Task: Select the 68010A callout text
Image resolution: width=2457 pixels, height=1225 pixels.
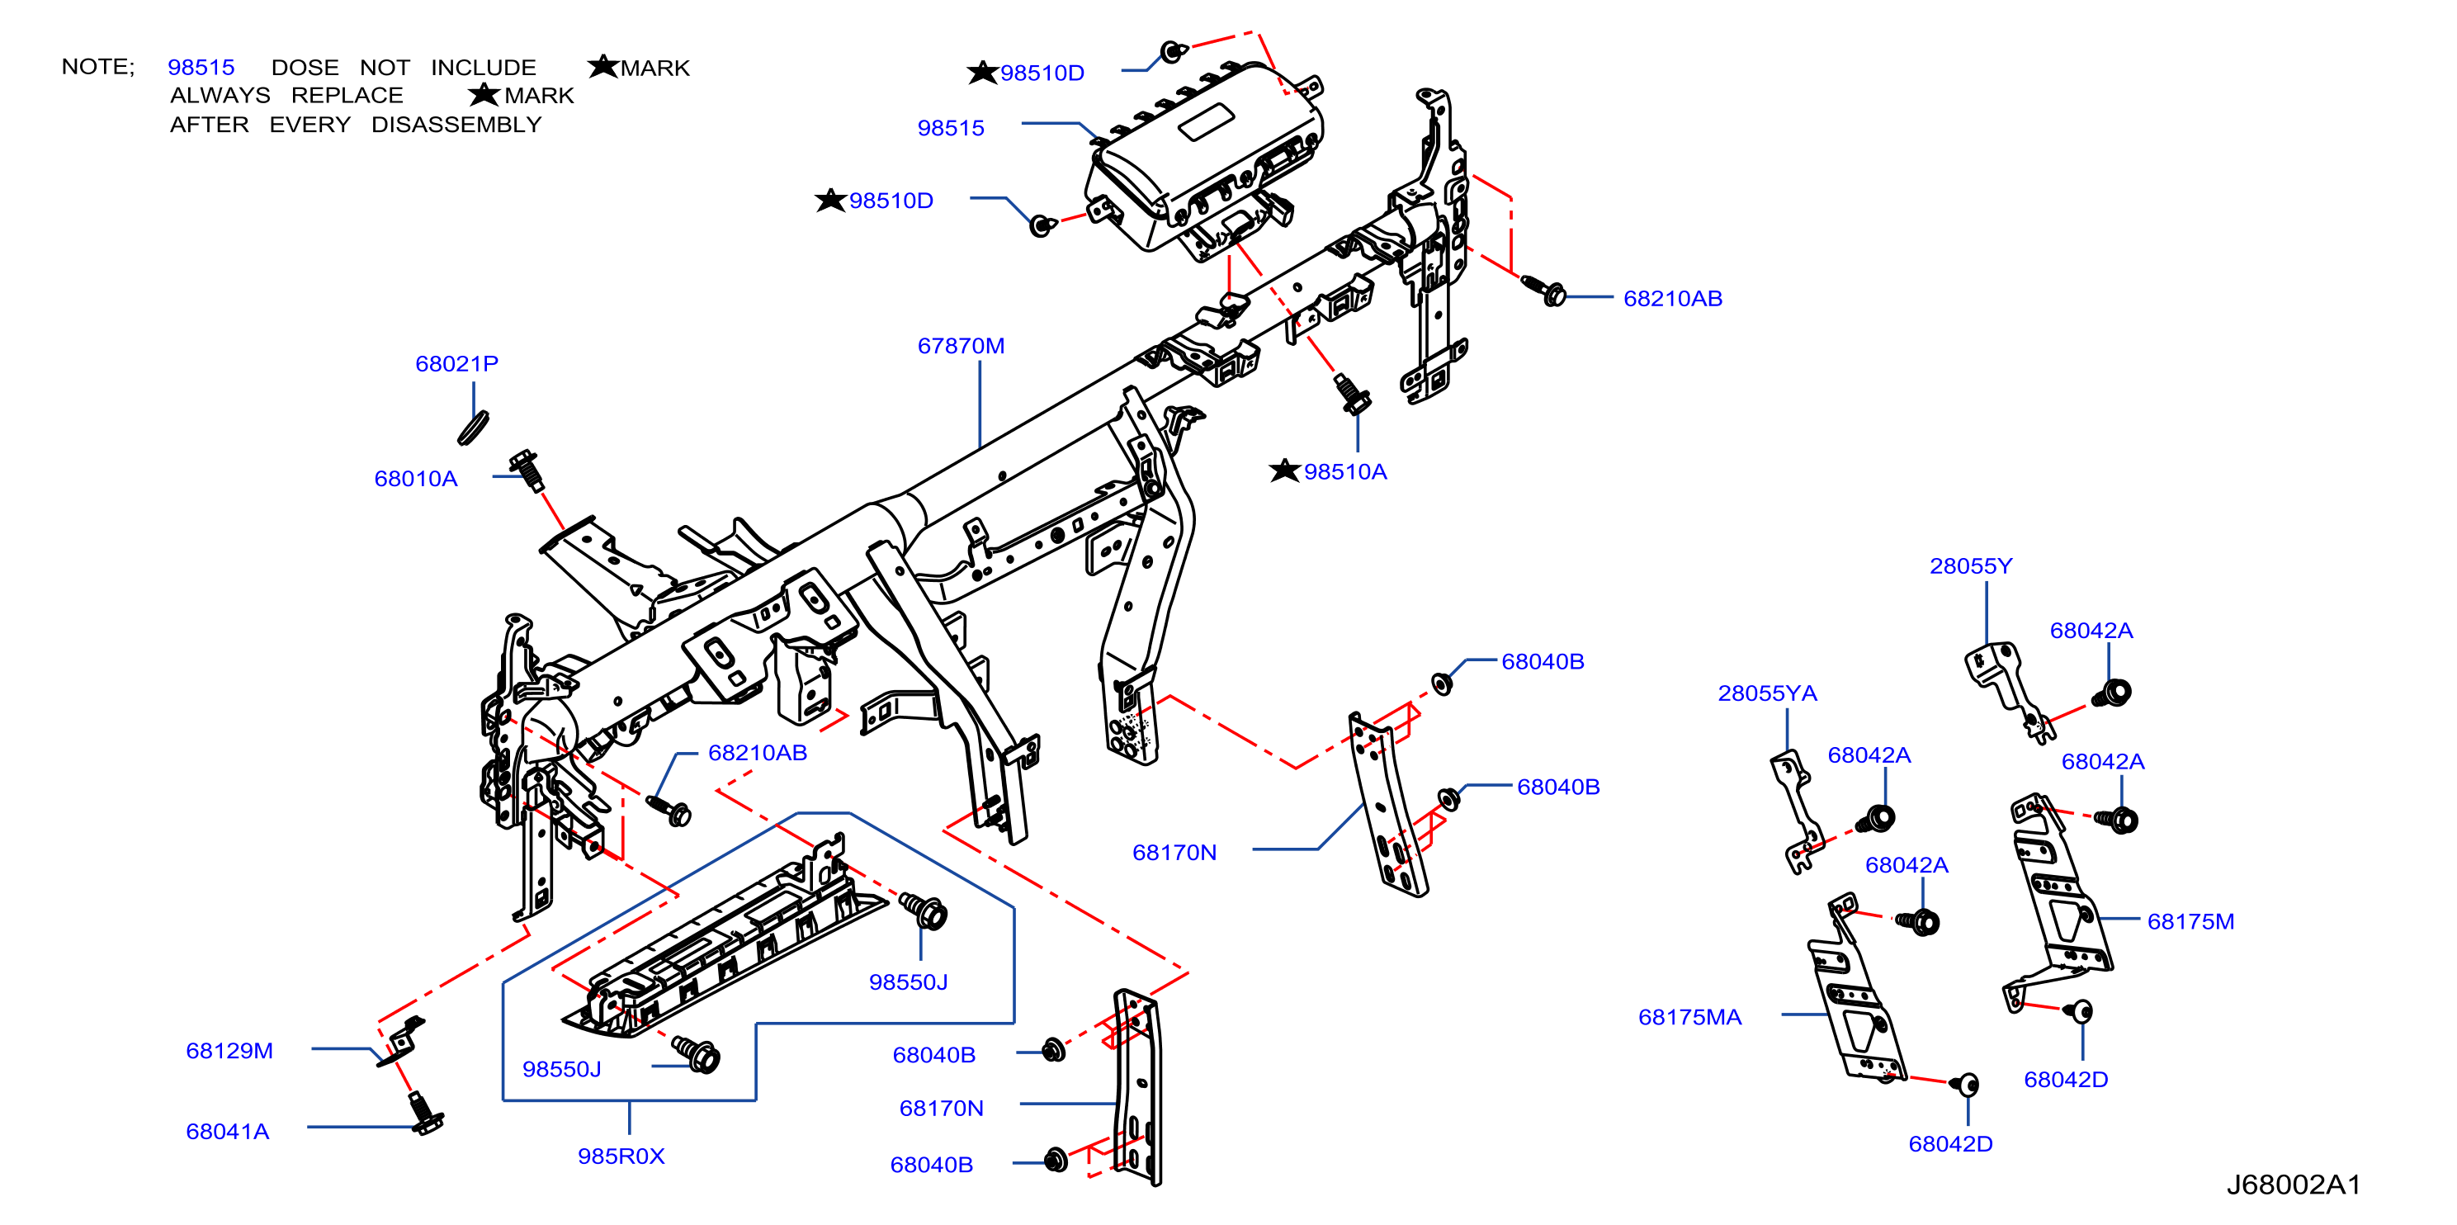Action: pyautogui.click(x=415, y=479)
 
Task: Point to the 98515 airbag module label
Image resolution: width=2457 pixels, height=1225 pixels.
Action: pyautogui.click(x=950, y=128)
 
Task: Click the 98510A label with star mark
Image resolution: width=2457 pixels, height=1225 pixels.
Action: pyautogui.click(x=1328, y=471)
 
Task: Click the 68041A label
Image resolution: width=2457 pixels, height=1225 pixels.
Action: pyautogui.click(x=227, y=1132)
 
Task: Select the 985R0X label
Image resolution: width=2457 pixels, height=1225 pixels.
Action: pyautogui.click(x=621, y=1156)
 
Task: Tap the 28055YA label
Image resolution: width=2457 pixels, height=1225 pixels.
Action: pyautogui.click(x=1766, y=693)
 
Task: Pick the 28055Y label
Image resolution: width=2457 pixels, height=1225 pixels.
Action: pyautogui.click(x=1971, y=565)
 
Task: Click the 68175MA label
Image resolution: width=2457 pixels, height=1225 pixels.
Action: pyautogui.click(x=1689, y=1017)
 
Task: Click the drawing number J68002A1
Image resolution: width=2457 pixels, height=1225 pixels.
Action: pyautogui.click(x=2293, y=1185)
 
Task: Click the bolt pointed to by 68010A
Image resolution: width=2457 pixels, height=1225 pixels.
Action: pyautogui.click(x=527, y=471)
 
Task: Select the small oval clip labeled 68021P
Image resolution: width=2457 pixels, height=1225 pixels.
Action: pyautogui.click(x=473, y=428)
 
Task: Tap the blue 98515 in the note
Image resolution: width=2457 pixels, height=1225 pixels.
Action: pyautogui.click(x=201, y=68)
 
